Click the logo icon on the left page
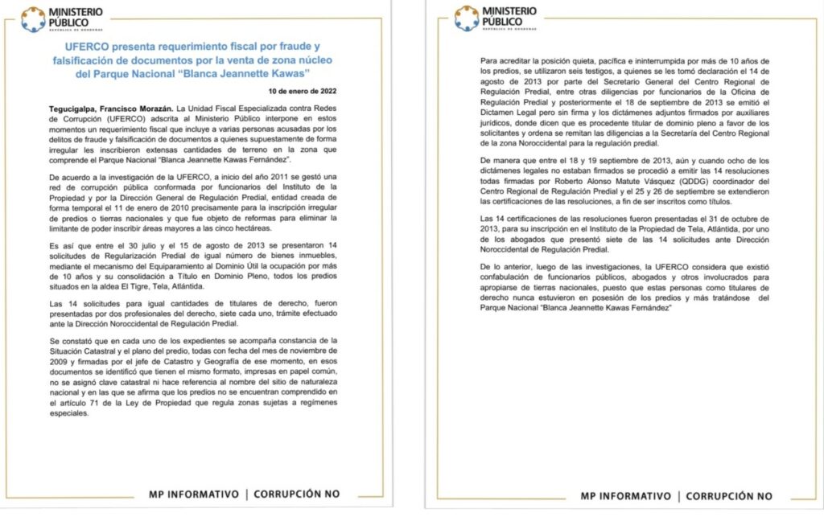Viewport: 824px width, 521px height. (x=33, y=18)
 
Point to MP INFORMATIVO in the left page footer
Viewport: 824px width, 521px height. (x=193, y=494)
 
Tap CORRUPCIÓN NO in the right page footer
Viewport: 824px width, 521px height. (x=729, y=496)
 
